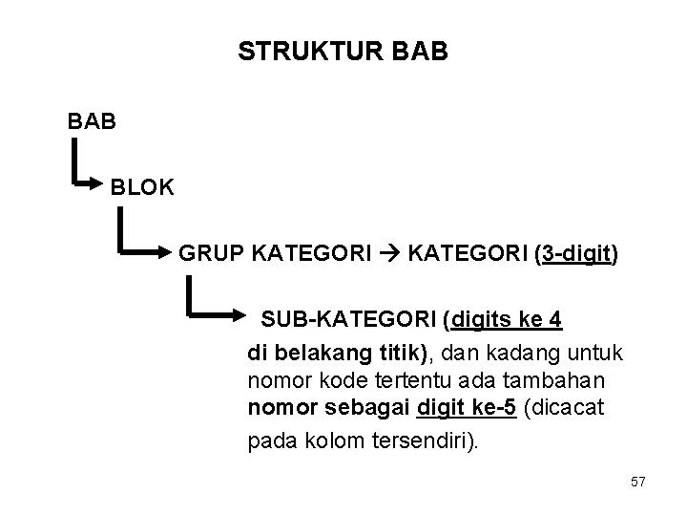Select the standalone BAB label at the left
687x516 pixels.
click(x=94, y=121)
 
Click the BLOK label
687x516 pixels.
click(x=142, y=187)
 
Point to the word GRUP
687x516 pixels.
click(x=211, y=254)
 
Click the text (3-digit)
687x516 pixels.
click(x=576, y=254)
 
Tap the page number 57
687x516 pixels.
click(x=638, y=483)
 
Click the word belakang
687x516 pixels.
click(x=319, y=352)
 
